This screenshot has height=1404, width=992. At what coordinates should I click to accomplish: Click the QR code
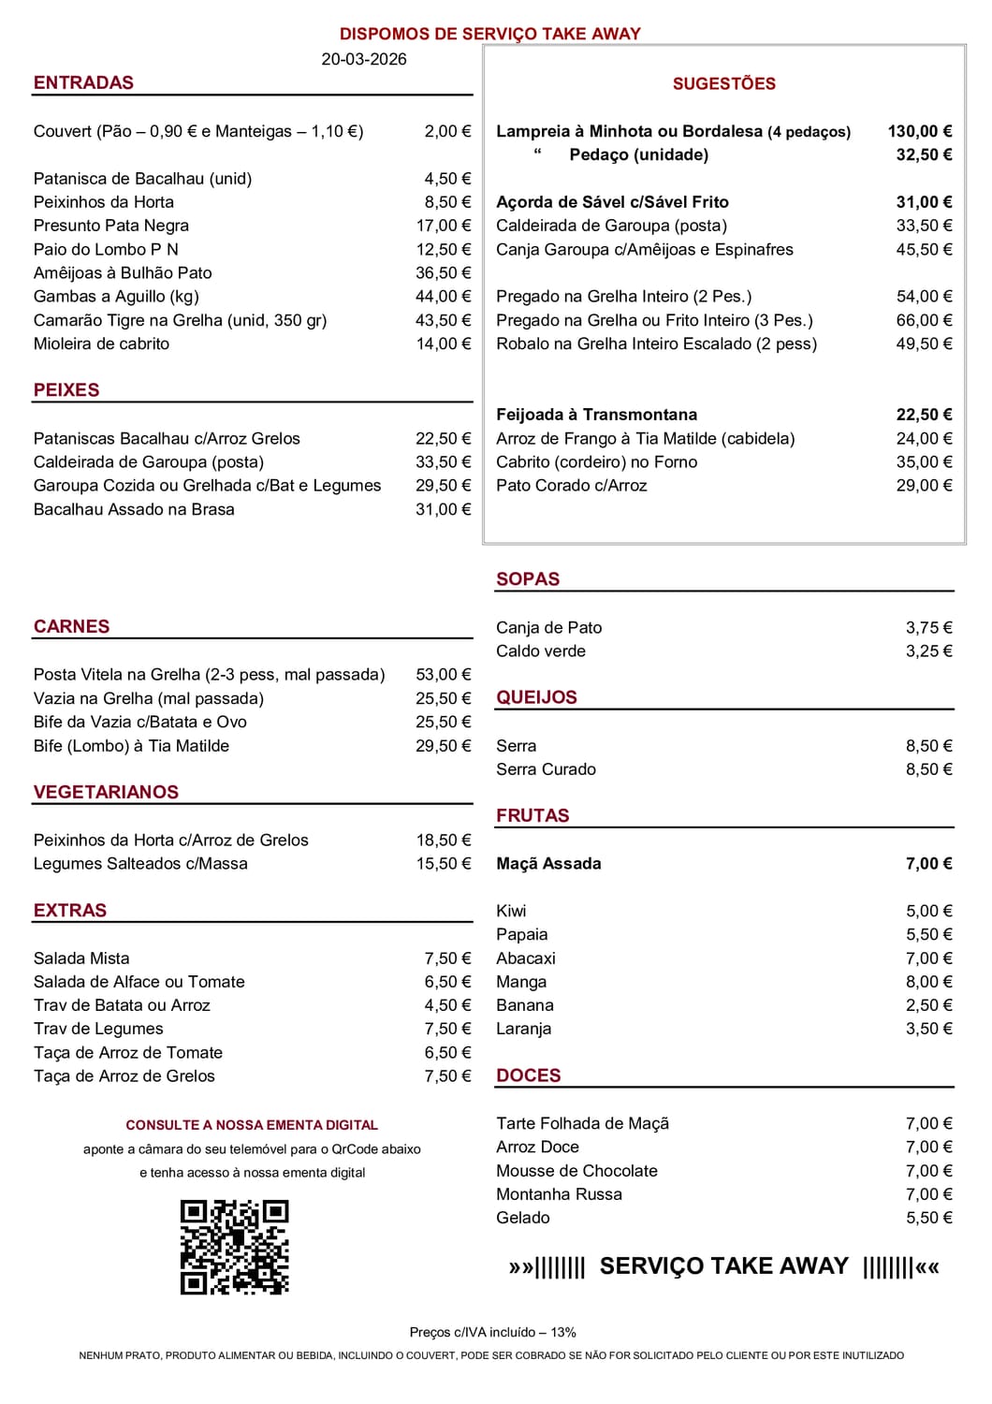(x=234, y=1248)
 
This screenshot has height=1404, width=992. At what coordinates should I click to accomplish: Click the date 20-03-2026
(x=364, y=59)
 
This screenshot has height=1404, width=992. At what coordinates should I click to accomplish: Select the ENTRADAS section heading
(x=83, y=82)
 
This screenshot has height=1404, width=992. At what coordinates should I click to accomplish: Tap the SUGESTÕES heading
(x=723, y=83)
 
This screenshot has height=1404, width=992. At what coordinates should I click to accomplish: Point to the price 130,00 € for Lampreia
(x=919, y=131)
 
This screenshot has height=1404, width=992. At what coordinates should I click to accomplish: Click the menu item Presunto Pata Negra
(x=111, y=226)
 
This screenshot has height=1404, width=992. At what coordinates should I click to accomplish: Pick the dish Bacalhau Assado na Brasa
(x=134, y=509)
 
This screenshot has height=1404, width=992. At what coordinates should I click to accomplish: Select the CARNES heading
(x=71, y=626)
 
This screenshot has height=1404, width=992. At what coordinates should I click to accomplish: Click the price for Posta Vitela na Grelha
(x=443, y=674)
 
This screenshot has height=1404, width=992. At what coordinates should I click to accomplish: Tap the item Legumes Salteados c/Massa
(x=140, y=863)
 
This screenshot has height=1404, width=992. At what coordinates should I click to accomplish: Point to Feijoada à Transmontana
(x=596, y=415)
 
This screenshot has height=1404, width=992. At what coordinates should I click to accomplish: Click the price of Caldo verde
(x=928, y=651)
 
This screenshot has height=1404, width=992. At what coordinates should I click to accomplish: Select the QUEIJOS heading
(x=536, y=697)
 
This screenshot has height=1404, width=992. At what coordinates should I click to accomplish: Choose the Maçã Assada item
(x=548, y=863)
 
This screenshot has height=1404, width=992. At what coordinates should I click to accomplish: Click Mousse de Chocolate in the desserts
(x=576, y=1170)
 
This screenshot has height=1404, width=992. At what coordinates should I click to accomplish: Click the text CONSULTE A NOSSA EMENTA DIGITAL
(x=252, y=1125)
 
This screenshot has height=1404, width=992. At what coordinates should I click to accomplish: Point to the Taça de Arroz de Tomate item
(x=128, y=1052)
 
